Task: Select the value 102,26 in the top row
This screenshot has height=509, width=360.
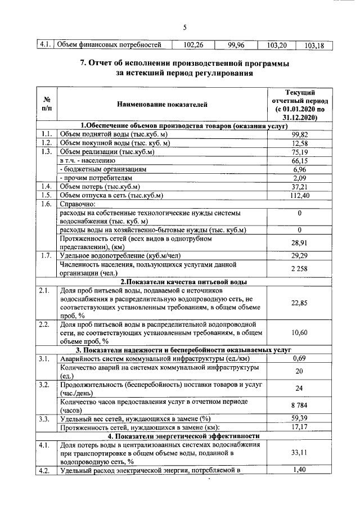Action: click(x=193, y=46)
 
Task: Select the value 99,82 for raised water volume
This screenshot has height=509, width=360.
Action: click(x=299, y=134)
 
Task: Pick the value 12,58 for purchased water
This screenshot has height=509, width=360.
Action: click(x=299, y=143)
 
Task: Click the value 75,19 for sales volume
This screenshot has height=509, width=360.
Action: click(x=299, y=152)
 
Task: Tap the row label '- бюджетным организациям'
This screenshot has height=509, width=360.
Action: click(x=102, y=169)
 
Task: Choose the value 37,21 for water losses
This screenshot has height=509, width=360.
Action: click(x=299, y=187)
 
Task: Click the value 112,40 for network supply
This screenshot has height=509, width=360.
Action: click(x=299, y=196)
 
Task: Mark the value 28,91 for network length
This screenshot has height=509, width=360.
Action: click(x=299, y=243)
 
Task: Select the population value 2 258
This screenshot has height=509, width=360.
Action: click(x=299, y=269)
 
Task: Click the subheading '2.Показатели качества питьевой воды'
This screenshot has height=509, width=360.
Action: click(x=184, y=282)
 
